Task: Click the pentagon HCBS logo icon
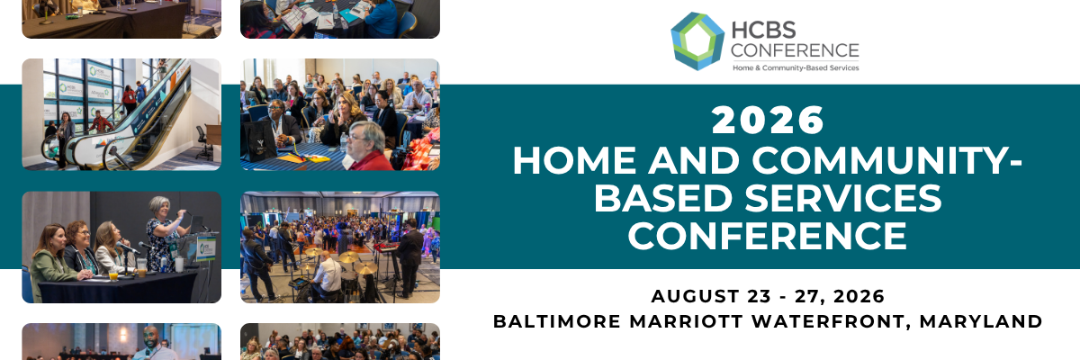pos(697,41)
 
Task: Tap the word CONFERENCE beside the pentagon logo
pos(796,50)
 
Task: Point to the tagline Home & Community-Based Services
pos(796,68)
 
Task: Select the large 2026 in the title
pos(768,121)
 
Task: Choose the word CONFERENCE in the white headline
pos(768,236)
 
